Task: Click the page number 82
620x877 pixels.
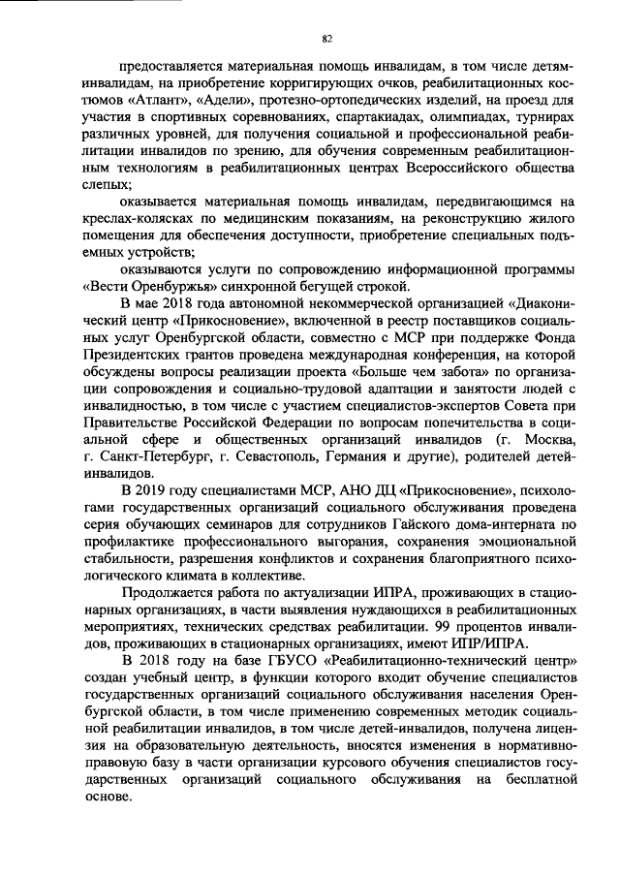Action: (x=326, y=38)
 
